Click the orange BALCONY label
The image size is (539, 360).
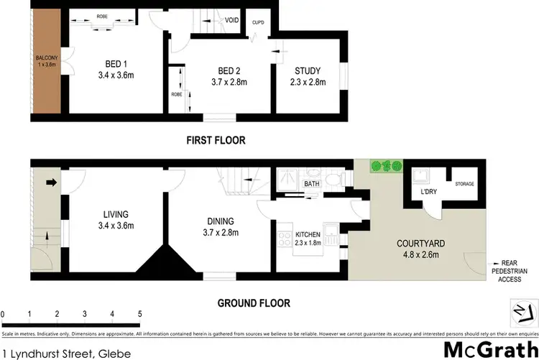click(46, 60)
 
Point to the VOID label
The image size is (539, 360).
click(231, 20)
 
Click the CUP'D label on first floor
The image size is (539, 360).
click(258, 22)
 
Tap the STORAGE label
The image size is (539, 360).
click(464, 185)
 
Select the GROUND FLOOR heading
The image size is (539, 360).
click(254, 303)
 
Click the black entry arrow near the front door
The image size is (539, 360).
click(51, 183)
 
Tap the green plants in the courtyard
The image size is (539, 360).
click(386, 167)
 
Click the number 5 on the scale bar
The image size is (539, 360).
click(139, 314)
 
